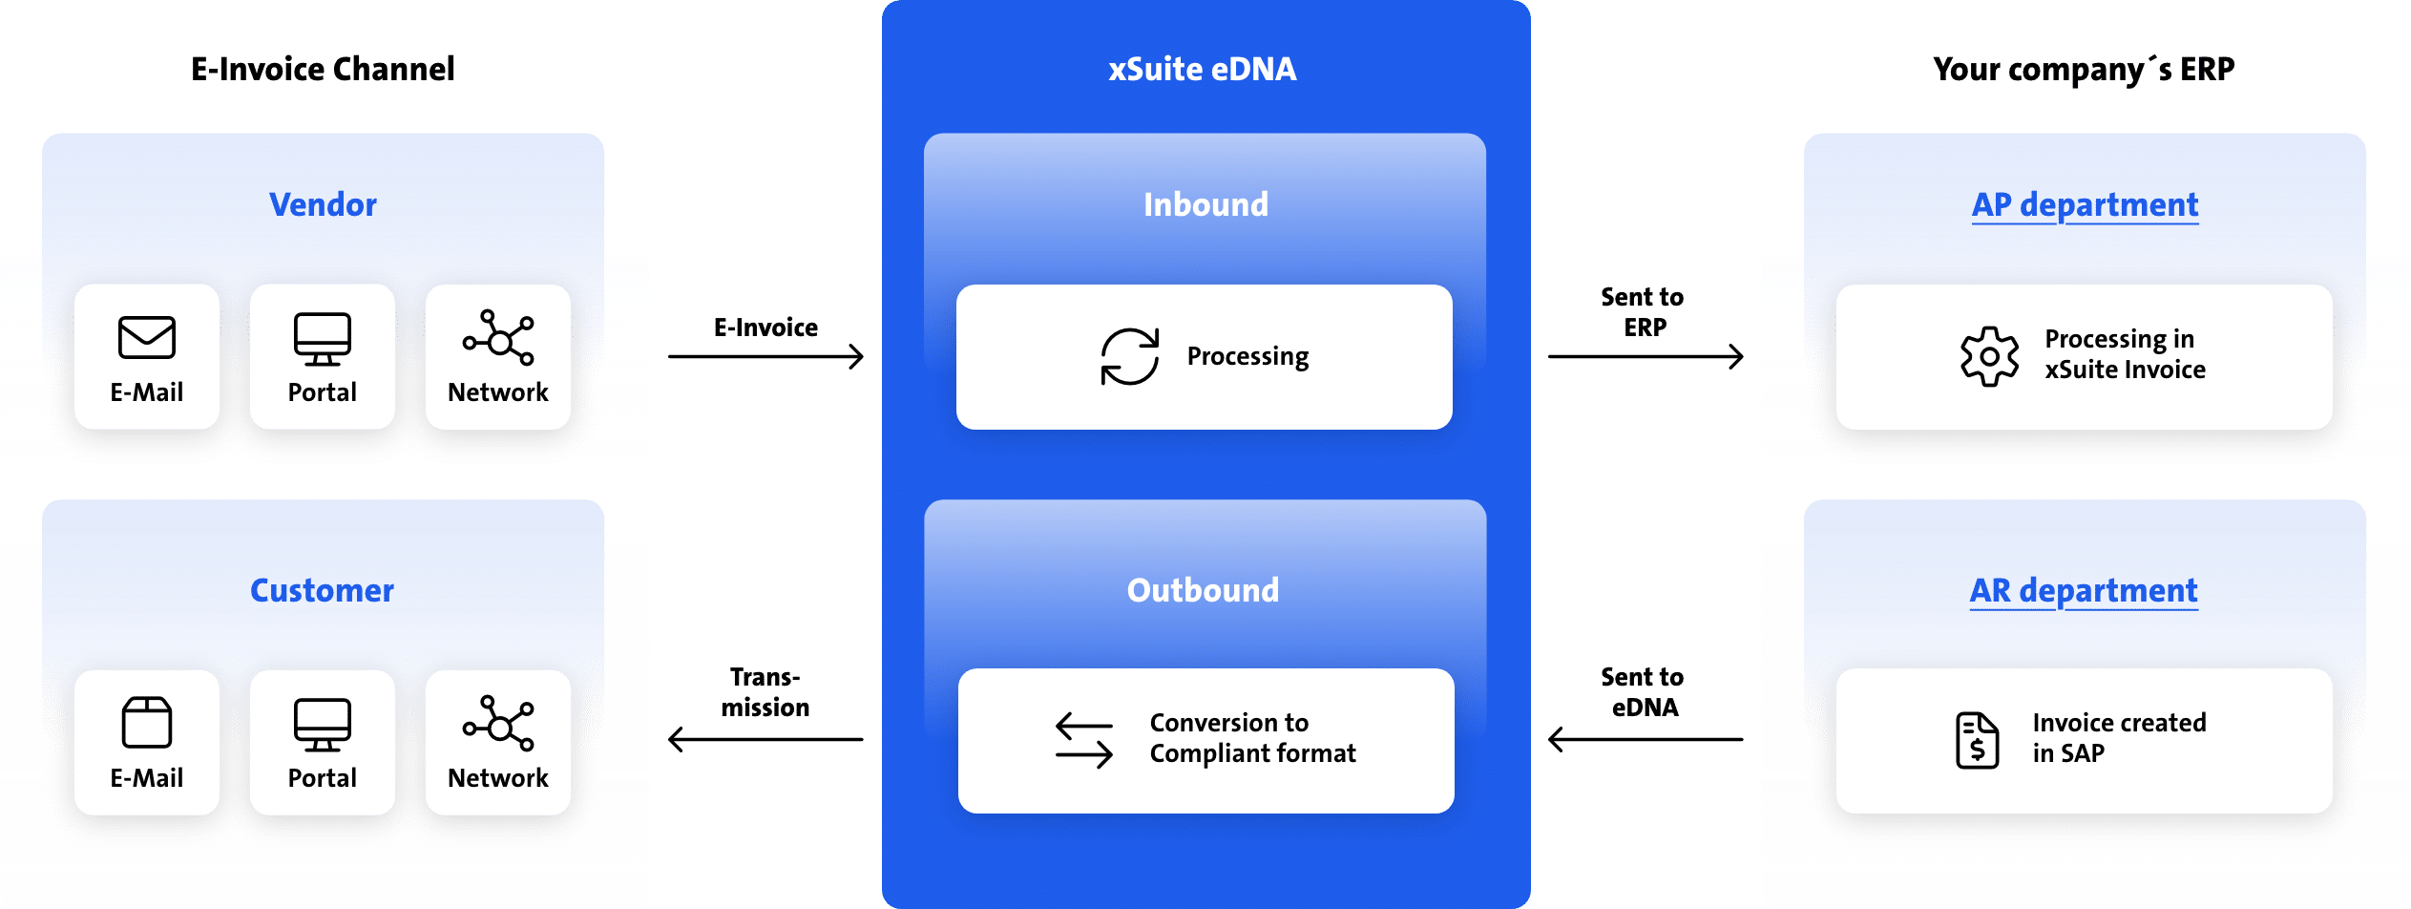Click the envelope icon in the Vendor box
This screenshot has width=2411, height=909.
147,337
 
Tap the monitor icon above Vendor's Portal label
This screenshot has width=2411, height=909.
323,338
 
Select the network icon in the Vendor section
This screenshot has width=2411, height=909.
498,337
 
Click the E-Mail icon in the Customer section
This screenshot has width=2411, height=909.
147,722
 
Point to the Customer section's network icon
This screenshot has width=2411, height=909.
498,723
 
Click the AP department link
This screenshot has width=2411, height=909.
2085,205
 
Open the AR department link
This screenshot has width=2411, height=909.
2084,591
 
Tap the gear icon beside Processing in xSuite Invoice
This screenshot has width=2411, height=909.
1989,357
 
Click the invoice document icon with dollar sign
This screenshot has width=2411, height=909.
1977,740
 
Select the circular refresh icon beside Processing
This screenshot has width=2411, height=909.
1130,357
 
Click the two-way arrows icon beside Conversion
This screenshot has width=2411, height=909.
1084,741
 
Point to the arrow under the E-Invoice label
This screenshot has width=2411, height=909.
765,357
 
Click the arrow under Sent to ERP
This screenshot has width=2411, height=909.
1646,357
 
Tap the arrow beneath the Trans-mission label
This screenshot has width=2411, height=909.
765,739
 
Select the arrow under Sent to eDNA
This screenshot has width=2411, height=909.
1646,739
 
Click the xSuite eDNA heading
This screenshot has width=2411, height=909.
1203,70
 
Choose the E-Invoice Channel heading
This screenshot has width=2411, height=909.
323,70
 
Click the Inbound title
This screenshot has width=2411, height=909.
1205,205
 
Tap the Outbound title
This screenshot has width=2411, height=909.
1204,591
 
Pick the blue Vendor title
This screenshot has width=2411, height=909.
323,205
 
